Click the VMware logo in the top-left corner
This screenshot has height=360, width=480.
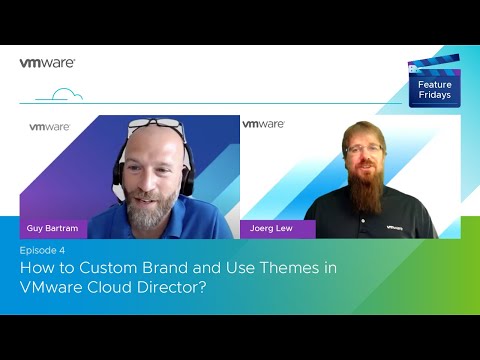coord(47,62)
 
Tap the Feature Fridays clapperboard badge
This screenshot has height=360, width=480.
coord(433,81)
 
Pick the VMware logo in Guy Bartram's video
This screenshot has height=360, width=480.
coord(49,127)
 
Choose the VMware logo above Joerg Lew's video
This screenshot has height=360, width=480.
coord(263,124)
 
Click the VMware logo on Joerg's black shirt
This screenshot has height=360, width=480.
coord(396,227)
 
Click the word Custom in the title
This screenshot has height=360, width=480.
coord(110,267)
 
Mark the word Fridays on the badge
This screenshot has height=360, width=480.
coord(433,97)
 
